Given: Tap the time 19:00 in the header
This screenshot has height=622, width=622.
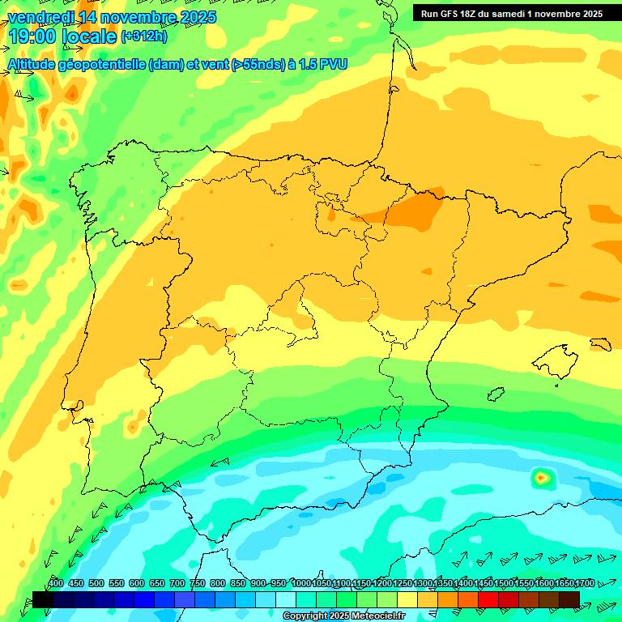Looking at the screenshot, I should pos(32,36).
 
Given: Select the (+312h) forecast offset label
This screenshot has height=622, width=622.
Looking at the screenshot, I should pos(143,36).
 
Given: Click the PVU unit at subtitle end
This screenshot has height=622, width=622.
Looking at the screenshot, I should pos(333,65).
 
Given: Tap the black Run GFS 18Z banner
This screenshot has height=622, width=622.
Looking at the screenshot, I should pos(517,13).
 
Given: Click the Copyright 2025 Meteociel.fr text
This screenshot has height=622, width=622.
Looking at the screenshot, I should pos(344,616).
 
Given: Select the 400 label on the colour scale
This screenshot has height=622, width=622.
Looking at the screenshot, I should pos(56,584).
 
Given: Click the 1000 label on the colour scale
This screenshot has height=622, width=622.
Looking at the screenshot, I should pos(301,584).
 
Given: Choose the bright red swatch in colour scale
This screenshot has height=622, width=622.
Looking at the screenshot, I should pos(488,599).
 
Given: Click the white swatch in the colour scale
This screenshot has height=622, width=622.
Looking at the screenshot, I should pos(286,599).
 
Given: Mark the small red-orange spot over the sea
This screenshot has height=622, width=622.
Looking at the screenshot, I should pos(540,478).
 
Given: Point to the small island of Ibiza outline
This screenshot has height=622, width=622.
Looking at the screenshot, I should pos(495,394).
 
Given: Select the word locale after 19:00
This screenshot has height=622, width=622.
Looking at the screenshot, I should pos(89,36).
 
